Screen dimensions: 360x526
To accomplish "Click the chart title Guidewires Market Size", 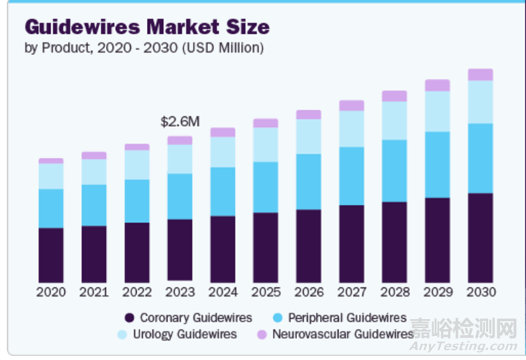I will coord(148,27).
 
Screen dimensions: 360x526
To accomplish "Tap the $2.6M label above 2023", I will coord(180,122).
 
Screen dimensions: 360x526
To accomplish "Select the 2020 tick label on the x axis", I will coord(51,292).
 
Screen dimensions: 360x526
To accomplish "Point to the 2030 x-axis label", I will coord(480,292).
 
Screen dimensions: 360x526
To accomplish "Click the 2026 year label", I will coord(308,292).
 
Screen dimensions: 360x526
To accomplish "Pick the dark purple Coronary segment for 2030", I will coord(480,237).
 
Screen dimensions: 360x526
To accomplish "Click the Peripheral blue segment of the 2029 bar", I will coord(437,164).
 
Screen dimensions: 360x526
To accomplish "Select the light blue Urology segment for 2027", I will coord(351,129).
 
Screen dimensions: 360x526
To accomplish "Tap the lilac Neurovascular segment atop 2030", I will coord(480,74).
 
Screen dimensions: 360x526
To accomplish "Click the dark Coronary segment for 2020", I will coord(51,255).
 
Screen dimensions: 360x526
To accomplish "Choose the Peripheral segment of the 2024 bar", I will coord(223,191).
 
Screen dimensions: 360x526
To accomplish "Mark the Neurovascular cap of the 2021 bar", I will coord(94,156).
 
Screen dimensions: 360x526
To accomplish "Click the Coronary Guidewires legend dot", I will coord(130,317).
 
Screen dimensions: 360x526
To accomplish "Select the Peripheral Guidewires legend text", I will coord(347,317).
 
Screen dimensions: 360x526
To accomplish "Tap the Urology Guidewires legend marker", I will coord(130,334).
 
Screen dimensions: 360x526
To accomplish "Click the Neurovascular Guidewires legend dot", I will coord(261,334).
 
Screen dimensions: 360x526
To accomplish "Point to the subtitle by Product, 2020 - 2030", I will coord(144,48).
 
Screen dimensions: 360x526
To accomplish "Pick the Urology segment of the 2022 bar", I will coord(137,165).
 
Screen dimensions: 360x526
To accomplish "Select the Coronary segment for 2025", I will coord(265,247).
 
